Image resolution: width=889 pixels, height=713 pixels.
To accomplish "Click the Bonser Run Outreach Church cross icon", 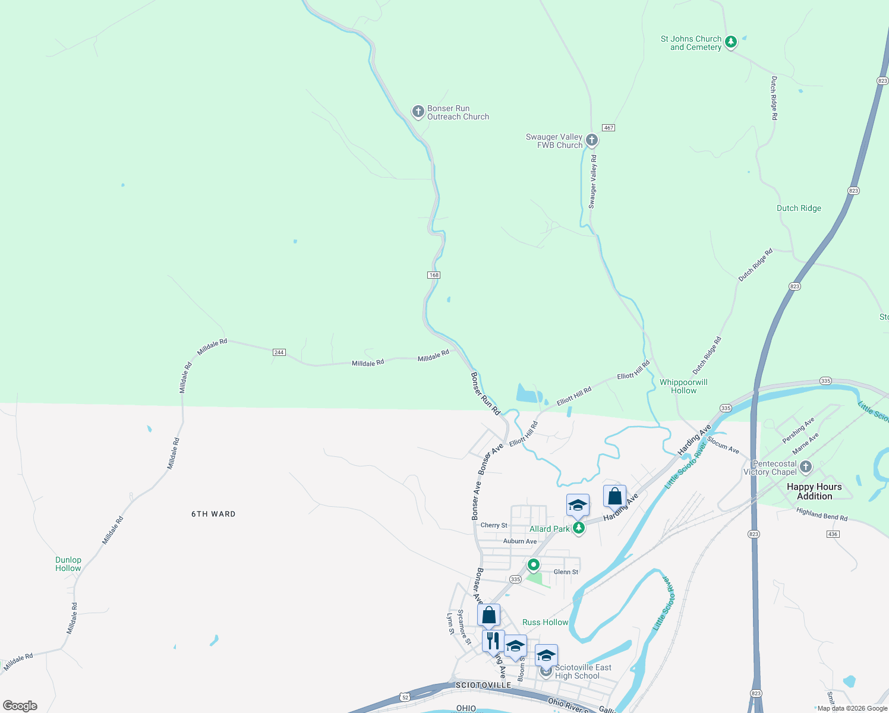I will (x=418, y=111).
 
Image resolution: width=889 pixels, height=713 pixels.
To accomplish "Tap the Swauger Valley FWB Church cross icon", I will (x=591, y=140).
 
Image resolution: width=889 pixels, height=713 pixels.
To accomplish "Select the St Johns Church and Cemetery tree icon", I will (x=731, y=42).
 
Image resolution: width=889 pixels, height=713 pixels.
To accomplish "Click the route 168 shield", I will (x=434, y=275).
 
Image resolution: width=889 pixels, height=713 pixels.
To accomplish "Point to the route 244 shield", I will (x=279, y=352).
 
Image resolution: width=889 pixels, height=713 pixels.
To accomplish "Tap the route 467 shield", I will (x=608, y=128).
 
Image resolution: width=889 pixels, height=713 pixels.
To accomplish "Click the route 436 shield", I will (x=833, y=534).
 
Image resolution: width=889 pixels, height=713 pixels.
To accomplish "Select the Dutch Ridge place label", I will (x=799, y=208).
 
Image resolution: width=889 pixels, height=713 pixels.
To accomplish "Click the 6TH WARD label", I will (x=213, y=514).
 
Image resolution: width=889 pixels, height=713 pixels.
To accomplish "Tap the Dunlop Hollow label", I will (x=68, y=564).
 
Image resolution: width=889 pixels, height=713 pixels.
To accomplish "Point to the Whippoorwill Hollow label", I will (x=683, y=386).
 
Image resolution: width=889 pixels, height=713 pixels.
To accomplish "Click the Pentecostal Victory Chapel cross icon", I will (x=806, y=467).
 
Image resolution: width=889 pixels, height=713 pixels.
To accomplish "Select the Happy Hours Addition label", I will (x=814, y=491).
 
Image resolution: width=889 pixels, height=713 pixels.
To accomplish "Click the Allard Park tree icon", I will (x=578, y=528).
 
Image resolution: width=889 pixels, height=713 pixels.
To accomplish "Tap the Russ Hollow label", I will (x=545, y=622).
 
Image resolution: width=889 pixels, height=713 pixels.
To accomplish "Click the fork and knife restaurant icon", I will (x=493, y=641).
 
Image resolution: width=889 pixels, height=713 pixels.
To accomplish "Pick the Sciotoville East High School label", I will (x=582, y=671).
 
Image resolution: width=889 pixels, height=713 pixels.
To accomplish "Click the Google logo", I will (x=20, y=706).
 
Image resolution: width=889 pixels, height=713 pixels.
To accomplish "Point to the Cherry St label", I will (x=494, y=525).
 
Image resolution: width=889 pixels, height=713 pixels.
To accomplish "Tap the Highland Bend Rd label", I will (x=822, y=515).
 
